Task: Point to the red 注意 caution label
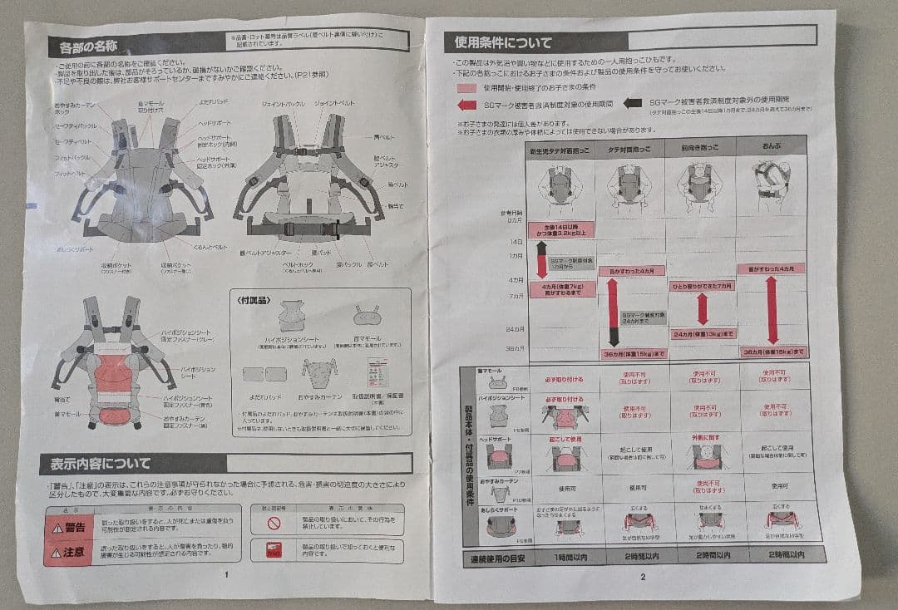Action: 68,551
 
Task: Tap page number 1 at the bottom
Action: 226,573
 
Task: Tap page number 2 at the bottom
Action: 643,576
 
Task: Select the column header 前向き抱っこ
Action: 699,148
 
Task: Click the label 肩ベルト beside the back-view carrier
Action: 383,137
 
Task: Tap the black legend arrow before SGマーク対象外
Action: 633,104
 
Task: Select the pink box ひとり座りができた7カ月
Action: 702,286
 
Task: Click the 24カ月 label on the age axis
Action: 514,329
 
